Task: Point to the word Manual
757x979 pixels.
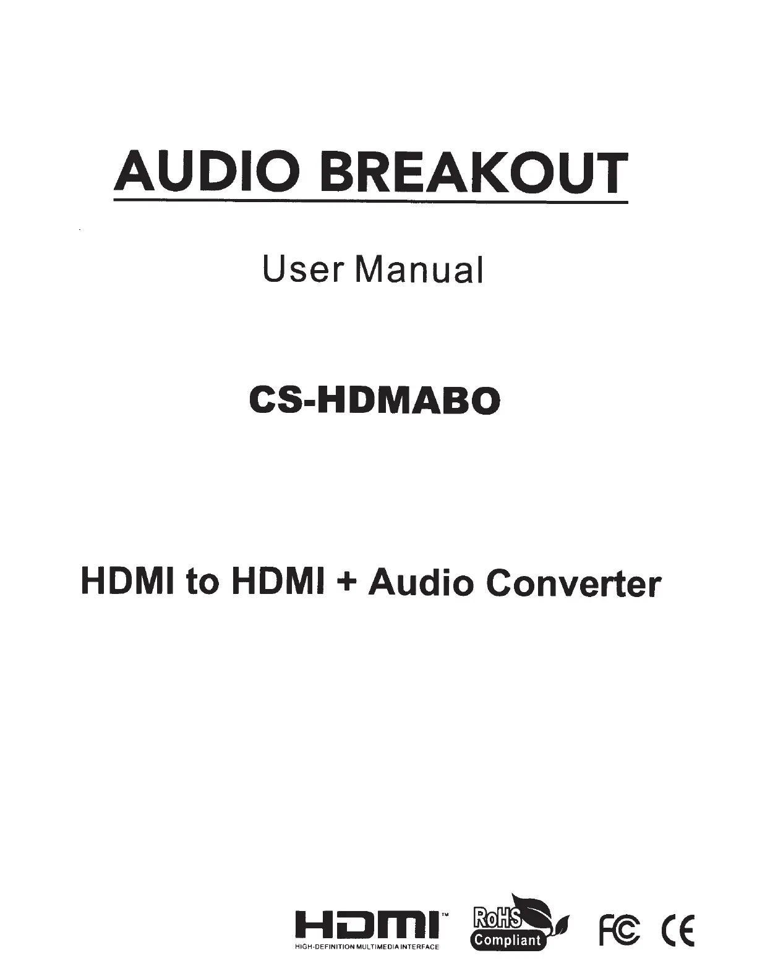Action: (x=419, y=269)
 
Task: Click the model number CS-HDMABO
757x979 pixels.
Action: (x=374, y=401)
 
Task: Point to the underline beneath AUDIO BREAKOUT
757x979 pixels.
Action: (x=370, y=202)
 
